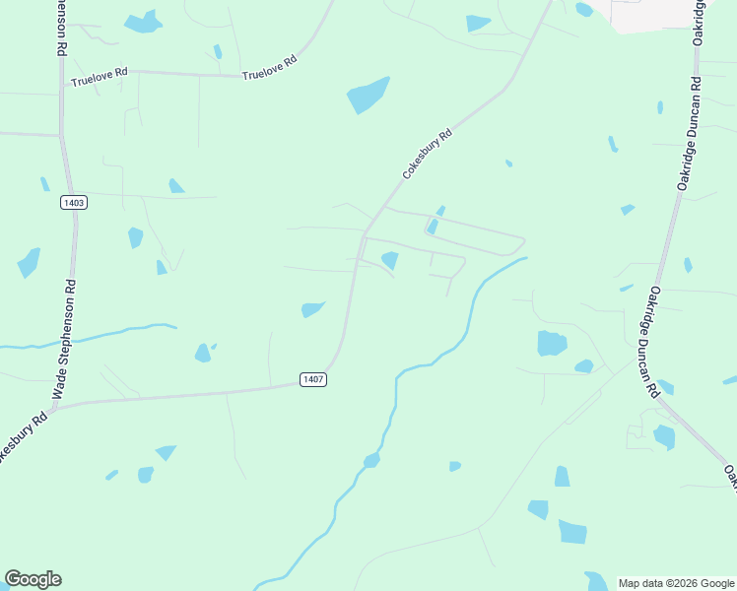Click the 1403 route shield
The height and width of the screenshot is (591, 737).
coord(73,203)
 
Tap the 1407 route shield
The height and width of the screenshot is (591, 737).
coord(312,379)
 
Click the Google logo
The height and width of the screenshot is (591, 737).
coord(33,579)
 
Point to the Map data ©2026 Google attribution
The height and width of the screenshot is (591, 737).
coord(675,583)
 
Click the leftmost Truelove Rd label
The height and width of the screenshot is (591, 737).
coord(100,77)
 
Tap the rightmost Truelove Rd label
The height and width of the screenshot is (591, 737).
coord(269,67)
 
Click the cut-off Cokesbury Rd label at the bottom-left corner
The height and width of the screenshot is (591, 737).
coord(22,438)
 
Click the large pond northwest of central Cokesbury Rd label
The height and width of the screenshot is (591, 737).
coord(368,96)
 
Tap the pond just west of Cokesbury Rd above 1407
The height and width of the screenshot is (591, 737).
coord(312,309)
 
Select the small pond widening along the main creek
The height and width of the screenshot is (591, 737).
coord(371,460)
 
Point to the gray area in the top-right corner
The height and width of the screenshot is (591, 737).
coord(655,14)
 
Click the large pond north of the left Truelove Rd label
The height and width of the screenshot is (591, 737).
coord(144,22)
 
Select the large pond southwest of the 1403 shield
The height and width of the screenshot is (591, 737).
coord(29,262)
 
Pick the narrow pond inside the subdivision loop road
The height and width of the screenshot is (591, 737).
coord(433,227)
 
